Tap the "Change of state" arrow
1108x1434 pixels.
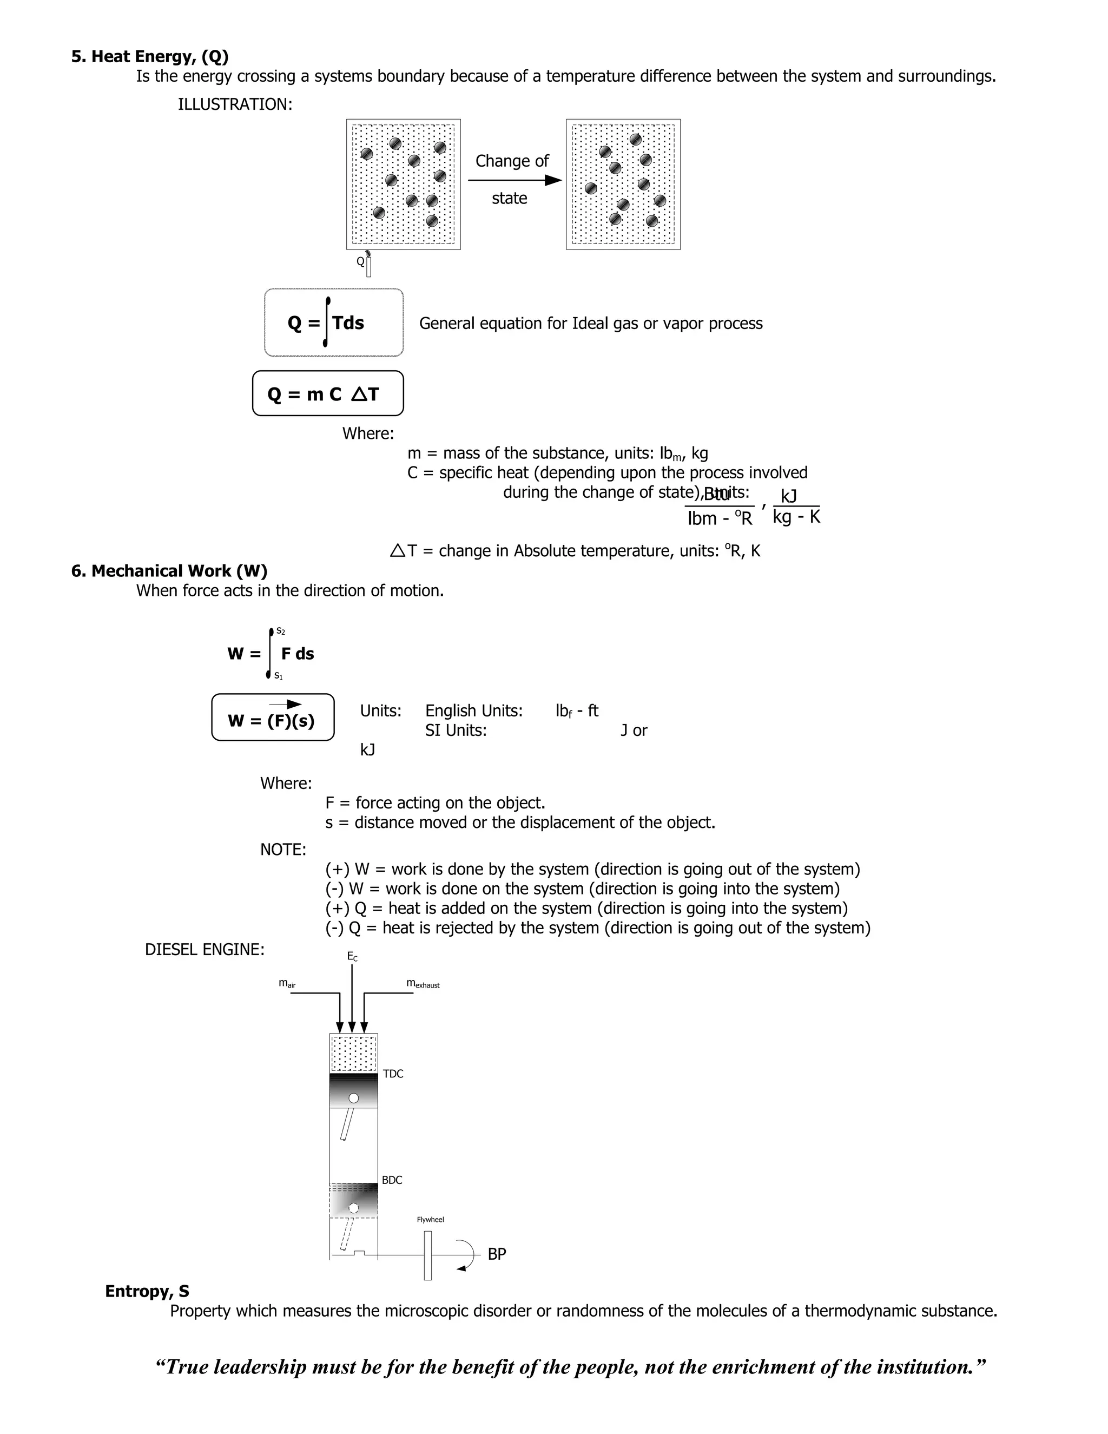click(x=514, y=180)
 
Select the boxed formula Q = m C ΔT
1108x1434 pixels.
click(x=327, y=394)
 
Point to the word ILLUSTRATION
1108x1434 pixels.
click(x=235, y=104)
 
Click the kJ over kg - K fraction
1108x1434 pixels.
click(x=795, y=506)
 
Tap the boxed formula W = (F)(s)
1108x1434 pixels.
click(x=273, y=718)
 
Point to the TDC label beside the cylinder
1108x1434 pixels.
click(x=393, y=1074)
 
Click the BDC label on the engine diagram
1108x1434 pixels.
click(x=392, y=1180)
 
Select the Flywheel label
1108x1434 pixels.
click(x=431, y=1219)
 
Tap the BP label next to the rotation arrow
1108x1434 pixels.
click(x=496, y=1254)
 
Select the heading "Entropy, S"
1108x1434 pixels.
click(x=147, y=1291)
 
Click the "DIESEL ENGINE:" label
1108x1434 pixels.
click(x=205, y=950)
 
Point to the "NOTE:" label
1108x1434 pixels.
click(x=283, y=850)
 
